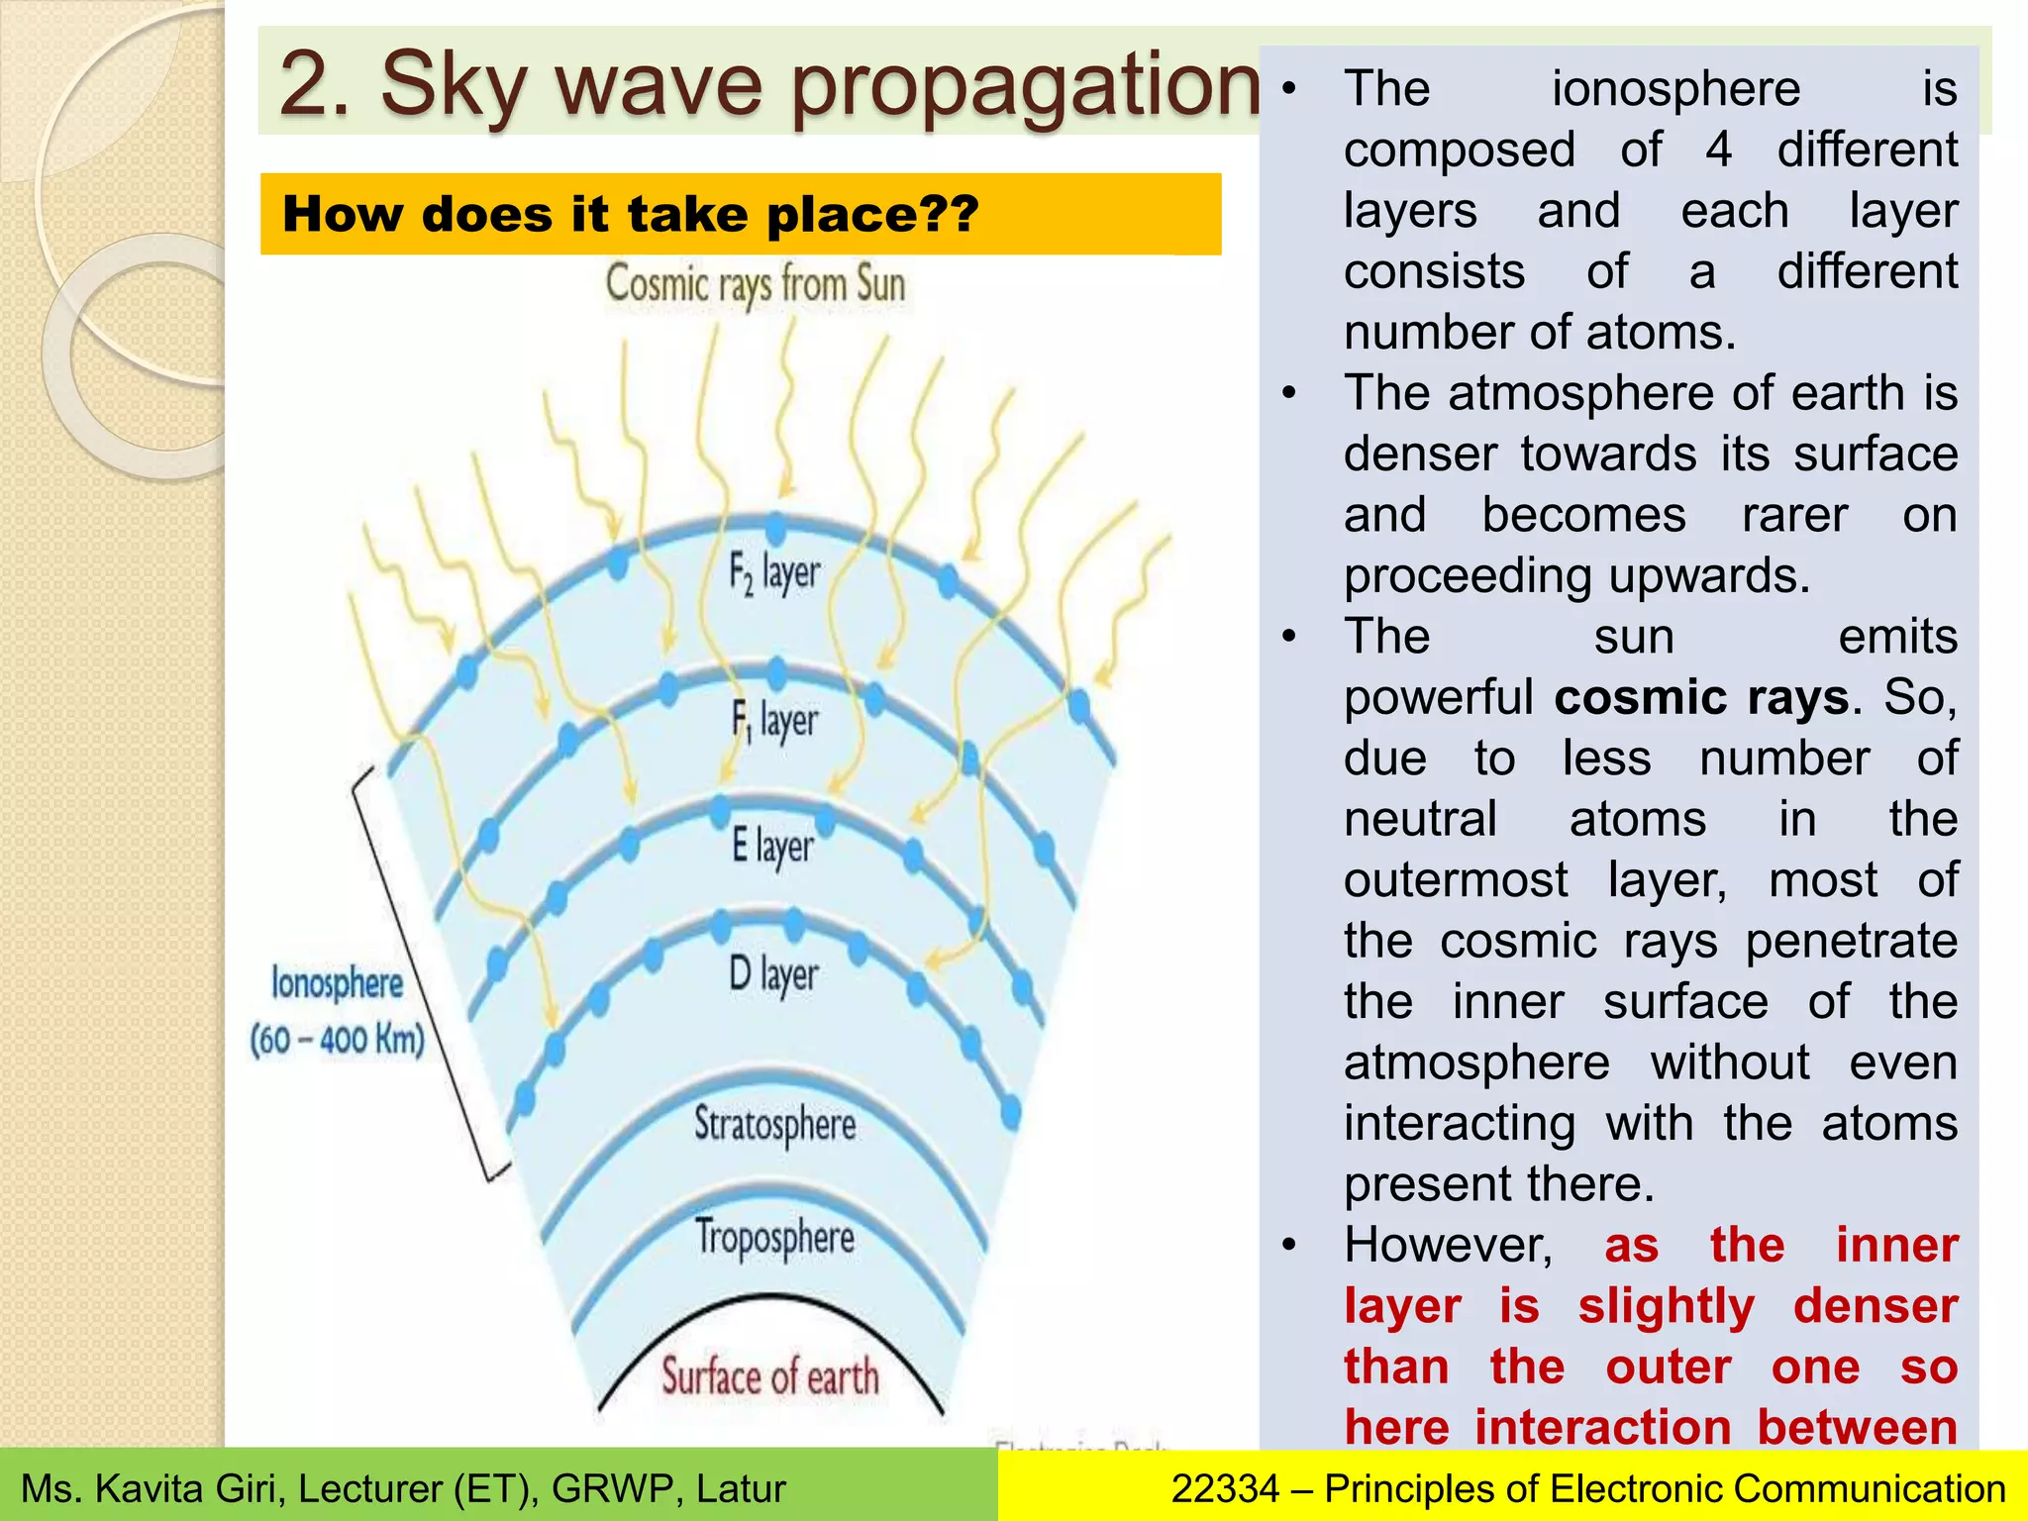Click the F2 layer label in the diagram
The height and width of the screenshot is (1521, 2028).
tap(774, 573)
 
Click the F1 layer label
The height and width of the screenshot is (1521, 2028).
tap(774, 720)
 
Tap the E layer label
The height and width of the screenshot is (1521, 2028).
tap(772, 847)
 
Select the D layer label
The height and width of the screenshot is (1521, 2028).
tap(773, 974)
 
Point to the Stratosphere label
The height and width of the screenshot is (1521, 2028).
tap(774, 1125)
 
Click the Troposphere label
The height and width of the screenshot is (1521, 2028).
tap(774, 1238)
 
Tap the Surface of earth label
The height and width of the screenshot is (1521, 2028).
tap(769, 1377)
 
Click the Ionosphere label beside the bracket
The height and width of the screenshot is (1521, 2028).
tap(337, 983)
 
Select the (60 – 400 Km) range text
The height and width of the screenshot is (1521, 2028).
tap(337, 1040)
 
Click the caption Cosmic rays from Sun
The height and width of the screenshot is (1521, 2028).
tap(756, 285)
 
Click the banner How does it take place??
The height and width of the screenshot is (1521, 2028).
tap(630, 214)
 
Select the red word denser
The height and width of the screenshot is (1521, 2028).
tap(1876, 1305)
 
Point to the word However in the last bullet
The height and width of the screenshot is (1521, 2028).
tap(1448, 1245)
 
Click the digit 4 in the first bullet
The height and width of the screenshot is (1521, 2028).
tap(1718, 150)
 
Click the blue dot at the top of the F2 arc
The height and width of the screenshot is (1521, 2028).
tap(775, 526)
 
